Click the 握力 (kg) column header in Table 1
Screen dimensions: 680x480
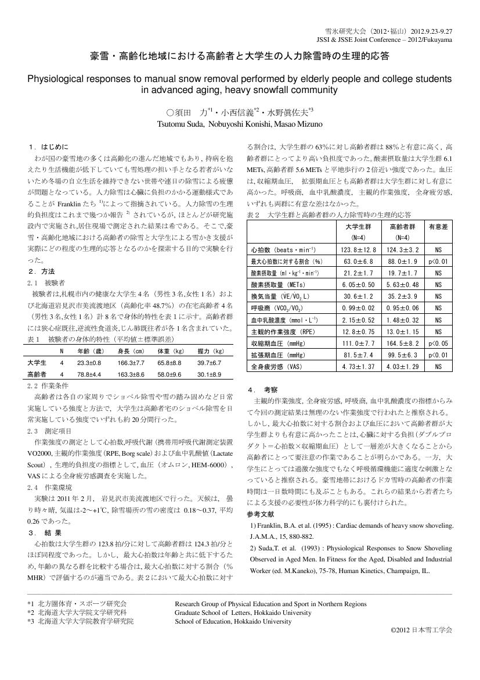pyautogui.click(x=210, y=351)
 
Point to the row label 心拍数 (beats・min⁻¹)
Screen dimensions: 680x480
pyautogui.click(x=282, y=249)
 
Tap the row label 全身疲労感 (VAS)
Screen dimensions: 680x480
pyautogui.click(x=277, y=367)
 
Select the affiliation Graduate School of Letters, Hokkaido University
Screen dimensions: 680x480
pyautogui.click(x=243, y=612)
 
